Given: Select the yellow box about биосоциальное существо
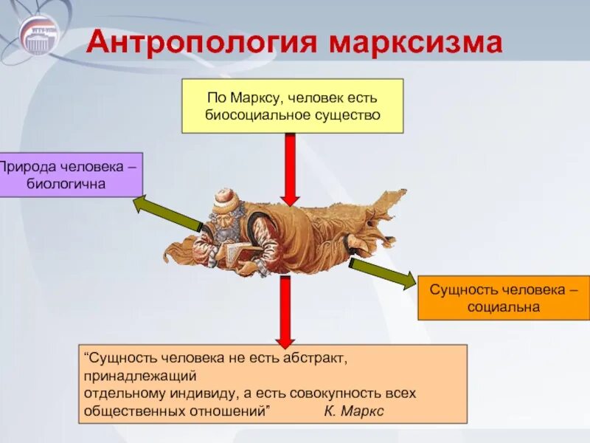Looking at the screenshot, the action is [x=292, y=106].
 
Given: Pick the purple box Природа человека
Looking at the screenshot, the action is [x=70, y=175].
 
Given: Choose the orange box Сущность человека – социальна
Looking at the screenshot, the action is [x=504, y=297].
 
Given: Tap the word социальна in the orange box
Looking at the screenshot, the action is [x=504, y=306].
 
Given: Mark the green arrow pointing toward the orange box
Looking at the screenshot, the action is [x=382, y=272].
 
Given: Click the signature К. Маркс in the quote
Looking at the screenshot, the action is [x=354, y=411].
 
